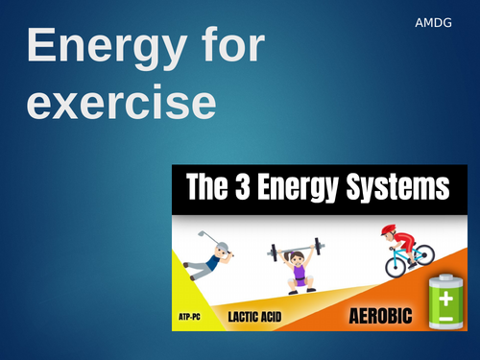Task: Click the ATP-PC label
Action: pyautogui.click(x=193, y=314)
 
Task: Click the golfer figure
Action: pyautogui.click(x=214, y=256)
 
